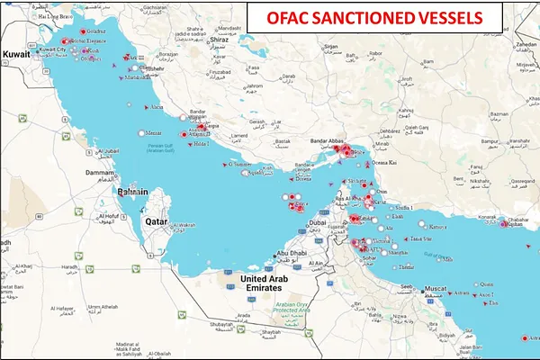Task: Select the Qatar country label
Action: click(158, 219)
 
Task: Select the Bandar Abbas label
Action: click(329, 141)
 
